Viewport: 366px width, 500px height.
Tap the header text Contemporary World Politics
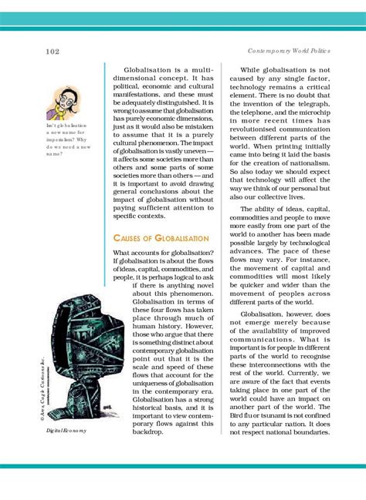289,51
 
